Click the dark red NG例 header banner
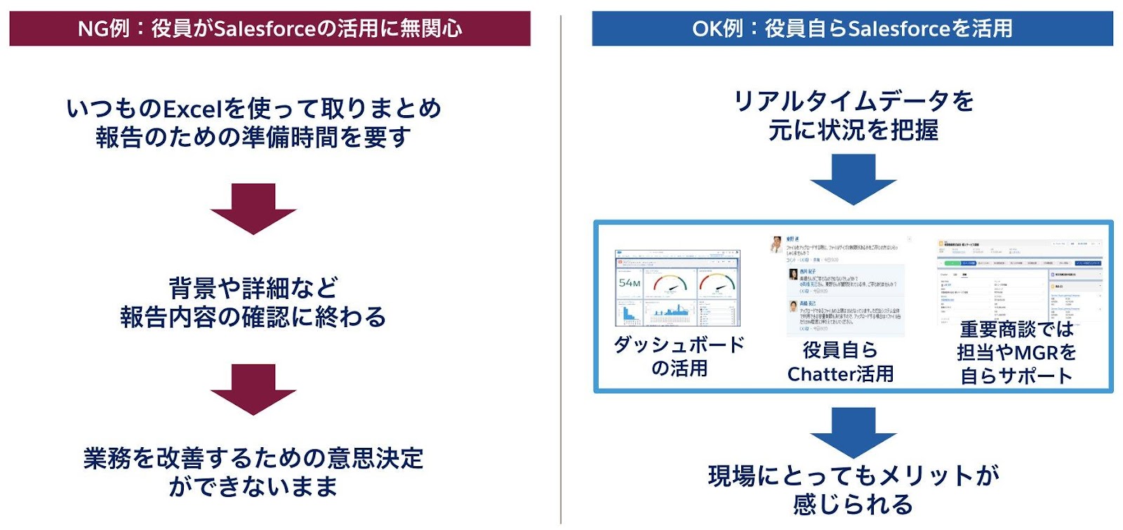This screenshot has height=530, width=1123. (x=270, y=28)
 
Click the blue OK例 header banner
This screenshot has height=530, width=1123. (x=852, y=28)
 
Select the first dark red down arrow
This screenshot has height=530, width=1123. (x=253, y=208)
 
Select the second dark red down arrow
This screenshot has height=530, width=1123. (x=253, y=389)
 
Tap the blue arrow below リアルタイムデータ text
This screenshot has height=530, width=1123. (x=853, y=179)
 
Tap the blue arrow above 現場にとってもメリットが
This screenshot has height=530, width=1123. (x=853, y=432)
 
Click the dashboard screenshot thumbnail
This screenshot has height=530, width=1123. (x=677, y=288)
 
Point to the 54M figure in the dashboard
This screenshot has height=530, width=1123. (x=630, y=283)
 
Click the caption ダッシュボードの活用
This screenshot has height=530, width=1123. (x=679, y=356)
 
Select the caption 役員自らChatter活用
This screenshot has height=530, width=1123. (x=840, y=362)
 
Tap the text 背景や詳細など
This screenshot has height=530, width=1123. (x=253, y=288)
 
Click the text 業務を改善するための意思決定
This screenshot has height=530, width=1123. (x=253, y=458)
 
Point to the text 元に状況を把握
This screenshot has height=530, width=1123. (x=853, y=131)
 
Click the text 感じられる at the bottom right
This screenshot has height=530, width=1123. (x=853, y=504)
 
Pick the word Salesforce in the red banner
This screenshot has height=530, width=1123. (x=265, y=28)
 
